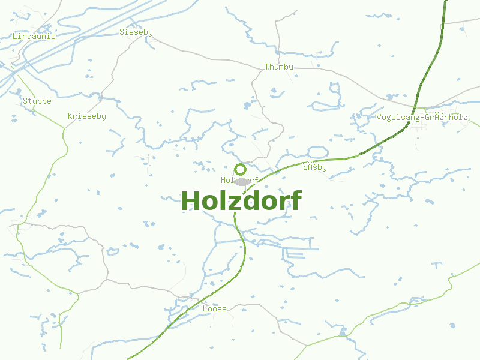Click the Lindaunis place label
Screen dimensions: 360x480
(34, 36)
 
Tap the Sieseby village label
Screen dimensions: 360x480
(136, 32)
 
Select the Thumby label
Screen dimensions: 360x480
(279, 67)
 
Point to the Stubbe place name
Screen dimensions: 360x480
(37, 101)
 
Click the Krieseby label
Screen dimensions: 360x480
(87, 116)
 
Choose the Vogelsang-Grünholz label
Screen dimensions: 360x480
(422, 118)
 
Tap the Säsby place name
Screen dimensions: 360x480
(315, 167)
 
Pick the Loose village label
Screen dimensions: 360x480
(215, 309)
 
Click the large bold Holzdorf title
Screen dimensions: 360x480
(241, 200)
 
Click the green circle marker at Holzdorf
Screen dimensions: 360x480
(241, 169)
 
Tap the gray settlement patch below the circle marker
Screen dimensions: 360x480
(241, 181)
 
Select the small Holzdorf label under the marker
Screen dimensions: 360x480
(239, 180)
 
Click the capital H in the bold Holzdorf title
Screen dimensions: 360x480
(190, 200)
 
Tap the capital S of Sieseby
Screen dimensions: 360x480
(122, 32)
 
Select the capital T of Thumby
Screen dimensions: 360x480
(267, 67)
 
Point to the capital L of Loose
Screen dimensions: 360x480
(205, 309)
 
